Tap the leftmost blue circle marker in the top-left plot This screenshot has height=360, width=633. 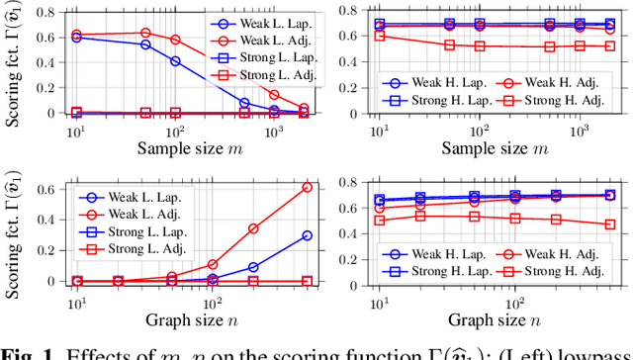(76, 37)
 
